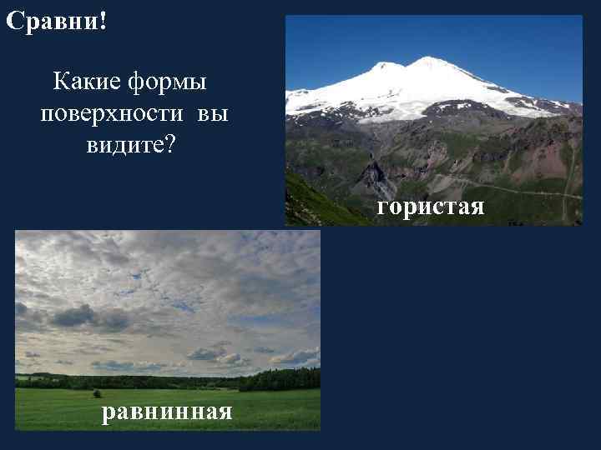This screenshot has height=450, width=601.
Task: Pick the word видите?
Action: point(130,146)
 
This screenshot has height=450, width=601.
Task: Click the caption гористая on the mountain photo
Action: point(430,206)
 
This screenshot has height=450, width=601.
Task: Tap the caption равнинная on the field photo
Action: point(167,412)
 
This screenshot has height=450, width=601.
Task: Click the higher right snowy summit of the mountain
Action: point(431,60)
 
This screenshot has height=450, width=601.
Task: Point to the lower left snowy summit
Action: point(386,65)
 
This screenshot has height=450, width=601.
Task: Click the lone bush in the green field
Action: point(97,393)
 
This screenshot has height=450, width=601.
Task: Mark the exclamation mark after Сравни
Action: point(103,21)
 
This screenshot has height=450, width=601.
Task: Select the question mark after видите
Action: point(170,146)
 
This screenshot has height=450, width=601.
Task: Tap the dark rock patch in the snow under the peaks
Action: point(455,107)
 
